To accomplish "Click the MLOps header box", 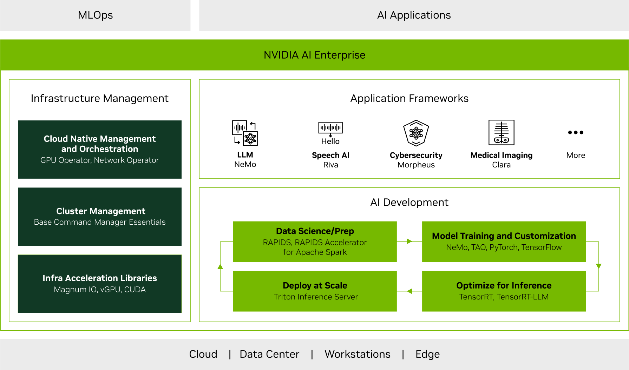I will pos(95,15).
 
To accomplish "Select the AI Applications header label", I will pos(414,15).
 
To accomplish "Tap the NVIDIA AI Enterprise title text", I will pos(314,55).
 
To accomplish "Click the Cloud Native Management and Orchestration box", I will pos(100,150).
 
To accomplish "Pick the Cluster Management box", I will pos(100,217).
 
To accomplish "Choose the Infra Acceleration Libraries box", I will pos(100,284).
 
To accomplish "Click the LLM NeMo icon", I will pos(245,133).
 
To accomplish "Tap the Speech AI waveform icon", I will pos(330,128).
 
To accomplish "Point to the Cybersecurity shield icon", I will pos(416,133).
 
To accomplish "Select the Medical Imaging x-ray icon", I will pos(501,132).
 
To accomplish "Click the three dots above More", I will pos(576,132).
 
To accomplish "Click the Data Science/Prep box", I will pos(315,242).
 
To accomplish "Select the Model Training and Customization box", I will pos(504,242).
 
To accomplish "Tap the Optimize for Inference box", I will pos(504,291).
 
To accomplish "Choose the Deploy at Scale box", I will pos(315,291).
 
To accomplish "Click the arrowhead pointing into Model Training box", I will pos(409,242).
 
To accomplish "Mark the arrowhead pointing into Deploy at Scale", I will pos(409,291).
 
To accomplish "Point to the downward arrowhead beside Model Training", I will pos(598,266).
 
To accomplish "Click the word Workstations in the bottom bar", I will pos(357,354).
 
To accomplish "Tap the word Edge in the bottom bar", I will pos(427,354).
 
